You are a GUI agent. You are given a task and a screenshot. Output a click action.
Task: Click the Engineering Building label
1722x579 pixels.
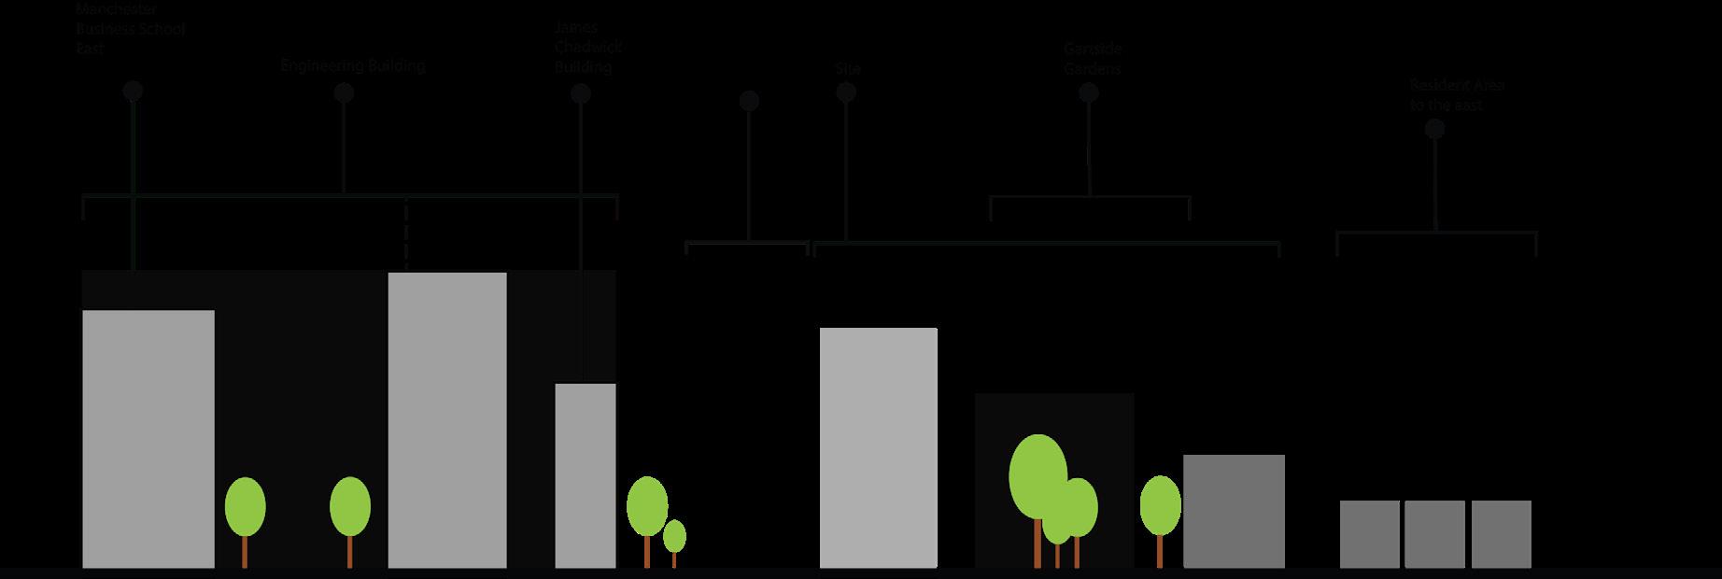pyautogui.click(x=352, y=66)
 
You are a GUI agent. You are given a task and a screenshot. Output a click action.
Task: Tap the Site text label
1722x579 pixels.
pyautogui.click(x=848, y=69)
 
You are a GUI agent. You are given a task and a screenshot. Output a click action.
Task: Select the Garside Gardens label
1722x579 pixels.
pyautogui.click(x=1092, y=59)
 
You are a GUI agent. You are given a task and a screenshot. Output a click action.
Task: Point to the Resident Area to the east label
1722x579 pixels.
pyautogui.click(x=1457, y=95)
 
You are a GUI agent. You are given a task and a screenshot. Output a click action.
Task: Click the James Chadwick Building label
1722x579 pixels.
pyautogui.click(x=587, y=47)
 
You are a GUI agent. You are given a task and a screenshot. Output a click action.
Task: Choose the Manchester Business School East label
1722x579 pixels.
pyautogui.click(x=130, y=28)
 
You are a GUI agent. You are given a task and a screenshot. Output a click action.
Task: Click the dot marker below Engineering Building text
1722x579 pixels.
pyautogui.click(x=344, y=93)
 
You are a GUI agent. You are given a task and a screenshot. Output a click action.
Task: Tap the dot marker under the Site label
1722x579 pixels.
pyautogui.click(x=846, y=93)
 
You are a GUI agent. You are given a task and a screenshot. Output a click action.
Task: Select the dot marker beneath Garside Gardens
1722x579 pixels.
pyautogui.click(x=1088, y=93)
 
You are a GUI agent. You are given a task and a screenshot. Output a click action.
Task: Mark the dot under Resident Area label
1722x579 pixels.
pyautogui.click(x=1434, y=130)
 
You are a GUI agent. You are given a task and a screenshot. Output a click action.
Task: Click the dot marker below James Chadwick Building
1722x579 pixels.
pyautogui.click(x=581, y=94)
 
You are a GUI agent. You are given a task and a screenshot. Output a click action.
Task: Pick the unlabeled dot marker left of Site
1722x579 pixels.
pyautogui.click(x=749, y=101)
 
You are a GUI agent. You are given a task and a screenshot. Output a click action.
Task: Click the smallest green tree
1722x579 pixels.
pyautogui.click(x=674, y=537)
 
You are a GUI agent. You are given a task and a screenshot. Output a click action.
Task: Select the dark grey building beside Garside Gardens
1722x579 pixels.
pyautogui.click(x=1234, y=511)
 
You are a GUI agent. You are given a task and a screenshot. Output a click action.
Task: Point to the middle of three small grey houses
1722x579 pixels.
pyautogui.click(x=1434, y=534)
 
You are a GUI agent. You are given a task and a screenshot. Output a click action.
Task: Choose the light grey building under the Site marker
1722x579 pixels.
pyautogui.click(x=878, y=447)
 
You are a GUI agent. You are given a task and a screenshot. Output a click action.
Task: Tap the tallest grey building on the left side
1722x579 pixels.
pyautogui.click(x=447, y=419)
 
